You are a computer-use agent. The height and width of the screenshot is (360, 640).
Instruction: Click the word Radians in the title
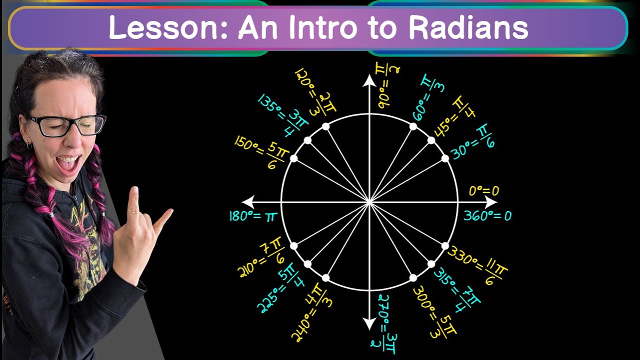[x=468, y=27]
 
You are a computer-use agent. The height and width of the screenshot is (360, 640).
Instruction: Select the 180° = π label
[x=252, y=216]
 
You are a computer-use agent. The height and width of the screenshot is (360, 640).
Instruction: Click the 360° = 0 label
[x=487, y=216]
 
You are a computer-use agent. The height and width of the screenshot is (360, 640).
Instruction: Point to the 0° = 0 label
[x=483, y=191]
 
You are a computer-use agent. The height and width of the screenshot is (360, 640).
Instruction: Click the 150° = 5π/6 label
[x=264, y=152]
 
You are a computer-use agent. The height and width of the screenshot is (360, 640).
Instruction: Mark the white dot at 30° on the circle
[x=445, y=158]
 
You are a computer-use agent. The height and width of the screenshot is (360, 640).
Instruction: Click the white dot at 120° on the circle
[x=325, y=126]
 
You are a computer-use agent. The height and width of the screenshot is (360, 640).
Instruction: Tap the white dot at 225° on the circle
[x=307, y=264]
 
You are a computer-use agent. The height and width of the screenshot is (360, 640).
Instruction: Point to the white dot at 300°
[x=413, y=278]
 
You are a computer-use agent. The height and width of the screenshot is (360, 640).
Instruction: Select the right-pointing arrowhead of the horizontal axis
[x=491, y=202]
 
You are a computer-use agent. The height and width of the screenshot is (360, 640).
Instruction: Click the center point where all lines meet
[x=369, y=202]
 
